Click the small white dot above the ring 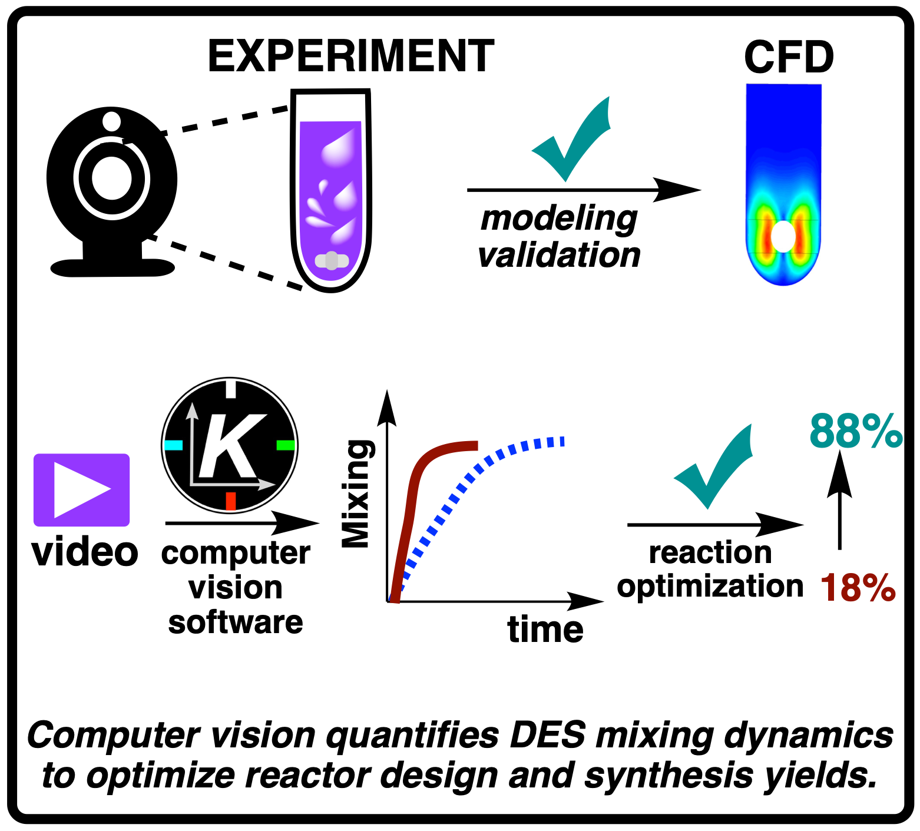(111, 121)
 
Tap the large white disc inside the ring (112, 178)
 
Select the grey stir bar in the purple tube (332, 260)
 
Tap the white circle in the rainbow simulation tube (783, 236)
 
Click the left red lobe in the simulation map (764, 234)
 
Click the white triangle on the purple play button (80, 490)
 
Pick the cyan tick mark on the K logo (174, 445)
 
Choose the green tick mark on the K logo (286, 445)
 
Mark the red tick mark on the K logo (230, 501)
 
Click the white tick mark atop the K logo (231, 389)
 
